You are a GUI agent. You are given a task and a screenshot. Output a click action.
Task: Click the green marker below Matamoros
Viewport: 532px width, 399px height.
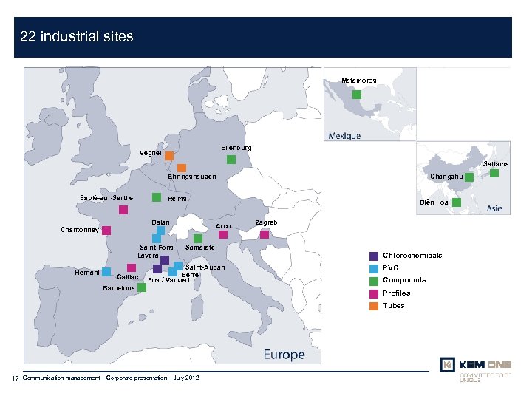357,95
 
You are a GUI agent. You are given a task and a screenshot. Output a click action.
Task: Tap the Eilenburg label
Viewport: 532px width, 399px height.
236,148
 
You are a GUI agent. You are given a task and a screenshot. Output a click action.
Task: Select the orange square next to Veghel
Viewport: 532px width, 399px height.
169,156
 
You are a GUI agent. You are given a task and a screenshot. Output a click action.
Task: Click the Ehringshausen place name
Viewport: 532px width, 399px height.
192,177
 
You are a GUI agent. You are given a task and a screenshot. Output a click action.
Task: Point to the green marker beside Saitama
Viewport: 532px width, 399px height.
494,174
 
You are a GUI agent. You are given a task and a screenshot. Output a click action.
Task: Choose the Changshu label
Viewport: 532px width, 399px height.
446,177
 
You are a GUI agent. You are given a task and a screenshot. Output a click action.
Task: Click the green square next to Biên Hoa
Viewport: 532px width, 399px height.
456,202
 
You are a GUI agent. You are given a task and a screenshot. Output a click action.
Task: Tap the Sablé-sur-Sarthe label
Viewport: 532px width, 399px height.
106,198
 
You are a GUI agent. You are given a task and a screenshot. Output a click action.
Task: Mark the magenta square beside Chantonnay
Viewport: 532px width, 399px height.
106,230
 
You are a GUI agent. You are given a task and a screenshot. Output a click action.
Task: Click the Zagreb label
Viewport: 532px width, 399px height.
266,222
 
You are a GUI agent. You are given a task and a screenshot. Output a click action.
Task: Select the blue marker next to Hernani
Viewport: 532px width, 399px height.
106,272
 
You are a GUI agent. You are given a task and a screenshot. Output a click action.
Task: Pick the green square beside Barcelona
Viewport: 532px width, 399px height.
142,287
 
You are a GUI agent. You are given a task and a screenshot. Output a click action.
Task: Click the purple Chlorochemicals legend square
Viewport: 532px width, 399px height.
374,256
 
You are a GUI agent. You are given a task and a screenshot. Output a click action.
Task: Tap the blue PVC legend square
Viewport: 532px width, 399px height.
374,268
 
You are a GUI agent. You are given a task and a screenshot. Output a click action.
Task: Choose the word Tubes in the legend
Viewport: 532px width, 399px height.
394,305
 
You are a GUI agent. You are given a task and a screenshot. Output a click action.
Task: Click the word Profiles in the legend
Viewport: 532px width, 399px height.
397,293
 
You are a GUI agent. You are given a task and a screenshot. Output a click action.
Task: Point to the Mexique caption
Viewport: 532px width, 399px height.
344,136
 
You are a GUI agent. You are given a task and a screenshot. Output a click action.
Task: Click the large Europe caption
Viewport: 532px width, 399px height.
284,355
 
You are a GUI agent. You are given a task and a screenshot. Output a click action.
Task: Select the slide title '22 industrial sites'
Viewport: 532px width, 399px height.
77,36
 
